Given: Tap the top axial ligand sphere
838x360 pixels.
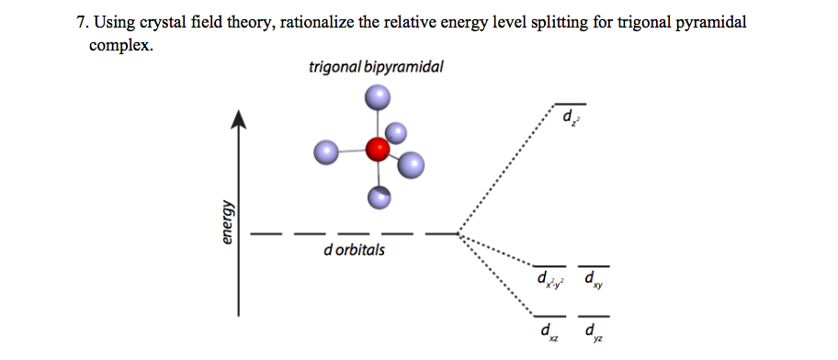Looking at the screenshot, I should pyautogui.click(x=377, y=97).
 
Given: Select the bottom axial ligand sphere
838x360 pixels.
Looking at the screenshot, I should pyautogui.click(x=379, y=196).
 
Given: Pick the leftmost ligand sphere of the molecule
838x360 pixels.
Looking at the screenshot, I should pyautogui.click(x=327, y=152).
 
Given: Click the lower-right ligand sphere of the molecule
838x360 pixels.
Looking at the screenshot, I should pyautogui.click(x=412, y=165).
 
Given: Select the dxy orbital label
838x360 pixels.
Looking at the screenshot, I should pyautogui.click(x=594, y=279).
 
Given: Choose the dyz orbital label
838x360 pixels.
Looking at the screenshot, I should pyautogui.click(x=594, y=332).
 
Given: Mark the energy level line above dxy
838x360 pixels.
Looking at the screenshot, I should pyautogui.click(x=593, y=265).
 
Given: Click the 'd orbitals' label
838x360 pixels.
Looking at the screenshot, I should pyautogui.click(x=355, y=250).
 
